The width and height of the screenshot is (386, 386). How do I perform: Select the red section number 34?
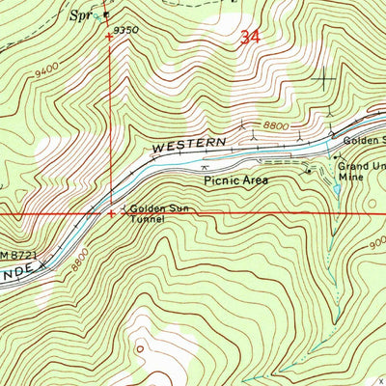tap(250, 39)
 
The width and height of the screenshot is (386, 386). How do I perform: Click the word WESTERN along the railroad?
tap(188, 145)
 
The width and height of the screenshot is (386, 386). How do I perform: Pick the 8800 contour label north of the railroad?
tap(276, 124)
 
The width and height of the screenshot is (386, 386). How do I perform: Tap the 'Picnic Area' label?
tap(234, 179)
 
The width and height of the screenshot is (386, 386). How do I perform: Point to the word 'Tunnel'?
tap(150, 219)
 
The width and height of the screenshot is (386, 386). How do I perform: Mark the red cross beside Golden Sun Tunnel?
tap(112, 213)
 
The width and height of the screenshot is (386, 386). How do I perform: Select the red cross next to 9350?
tap(108, 37)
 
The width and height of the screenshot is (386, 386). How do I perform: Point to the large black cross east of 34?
tap(321, 78)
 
